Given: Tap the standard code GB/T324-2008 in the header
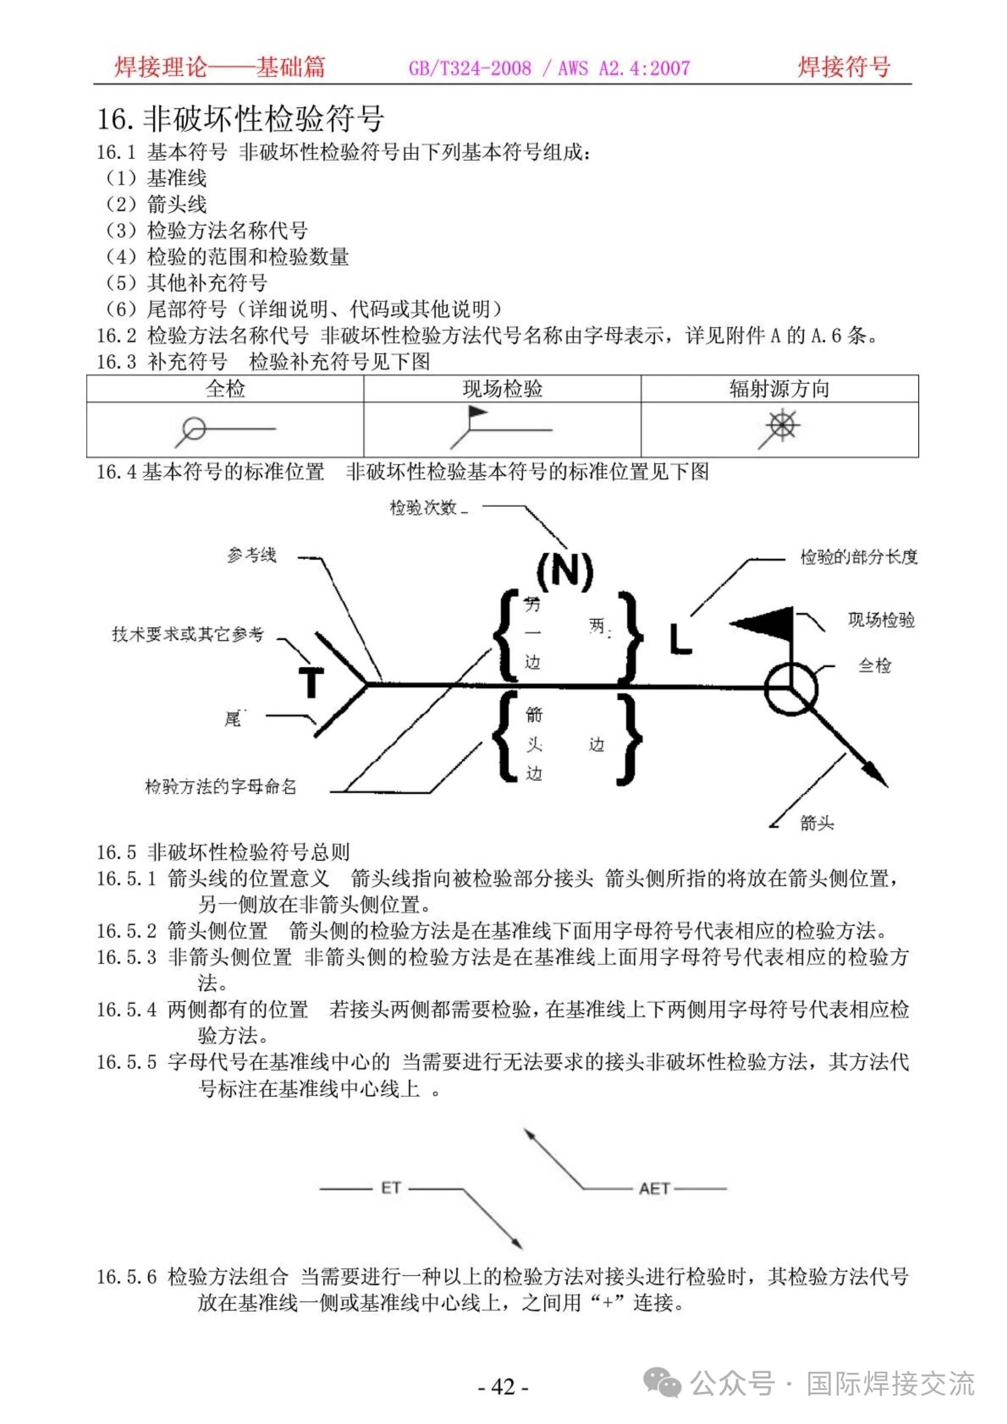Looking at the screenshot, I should pyautogui.click(x=470, y=68).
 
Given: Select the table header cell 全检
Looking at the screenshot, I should pyautogui.click(x=225, y=389).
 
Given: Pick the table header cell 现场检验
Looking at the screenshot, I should pyautogui.click(x=502, y=389).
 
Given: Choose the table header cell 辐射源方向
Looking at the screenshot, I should pyautogui.click(x=779, y=389).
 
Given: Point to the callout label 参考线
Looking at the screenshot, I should pyautogui.click(x=251, y=555).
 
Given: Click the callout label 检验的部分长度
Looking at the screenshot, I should pyautogui.click(x=858, y=557).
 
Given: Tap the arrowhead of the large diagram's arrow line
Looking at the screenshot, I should pyautogui.click(x=878, y=777).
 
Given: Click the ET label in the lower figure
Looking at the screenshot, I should pyautogui.click(x=390, y=1188).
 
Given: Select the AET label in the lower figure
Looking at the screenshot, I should pyautogui.click(x=654, y=1188).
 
